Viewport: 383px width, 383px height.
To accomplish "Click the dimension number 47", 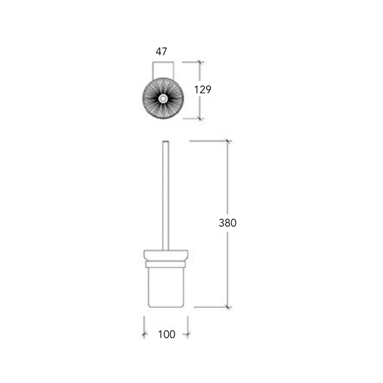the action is pyautogui.click(x=161, y=52).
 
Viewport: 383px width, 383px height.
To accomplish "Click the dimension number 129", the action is pyautogui.click(x=202, y=89).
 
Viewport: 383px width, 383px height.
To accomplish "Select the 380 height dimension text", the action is pyautogui.click(x=227, y=223).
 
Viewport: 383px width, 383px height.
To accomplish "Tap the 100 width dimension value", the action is pyautogui.click(x=166, y=334).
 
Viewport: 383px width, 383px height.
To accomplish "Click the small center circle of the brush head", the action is pyautogui.click(x=163, y=99).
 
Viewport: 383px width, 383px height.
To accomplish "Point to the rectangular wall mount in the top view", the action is pyautogui.click(x=163, y=71).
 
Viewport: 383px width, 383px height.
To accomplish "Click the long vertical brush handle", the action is pyautogui.click(x=166, y=196).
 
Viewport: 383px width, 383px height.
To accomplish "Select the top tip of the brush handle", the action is pyautogui.click(x=166, y=141).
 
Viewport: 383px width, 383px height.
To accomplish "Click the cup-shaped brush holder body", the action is pyautogui.click(x=166, y=287).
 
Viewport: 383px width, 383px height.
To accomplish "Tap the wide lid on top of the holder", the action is pyautogui.click(x=166, y=255).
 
